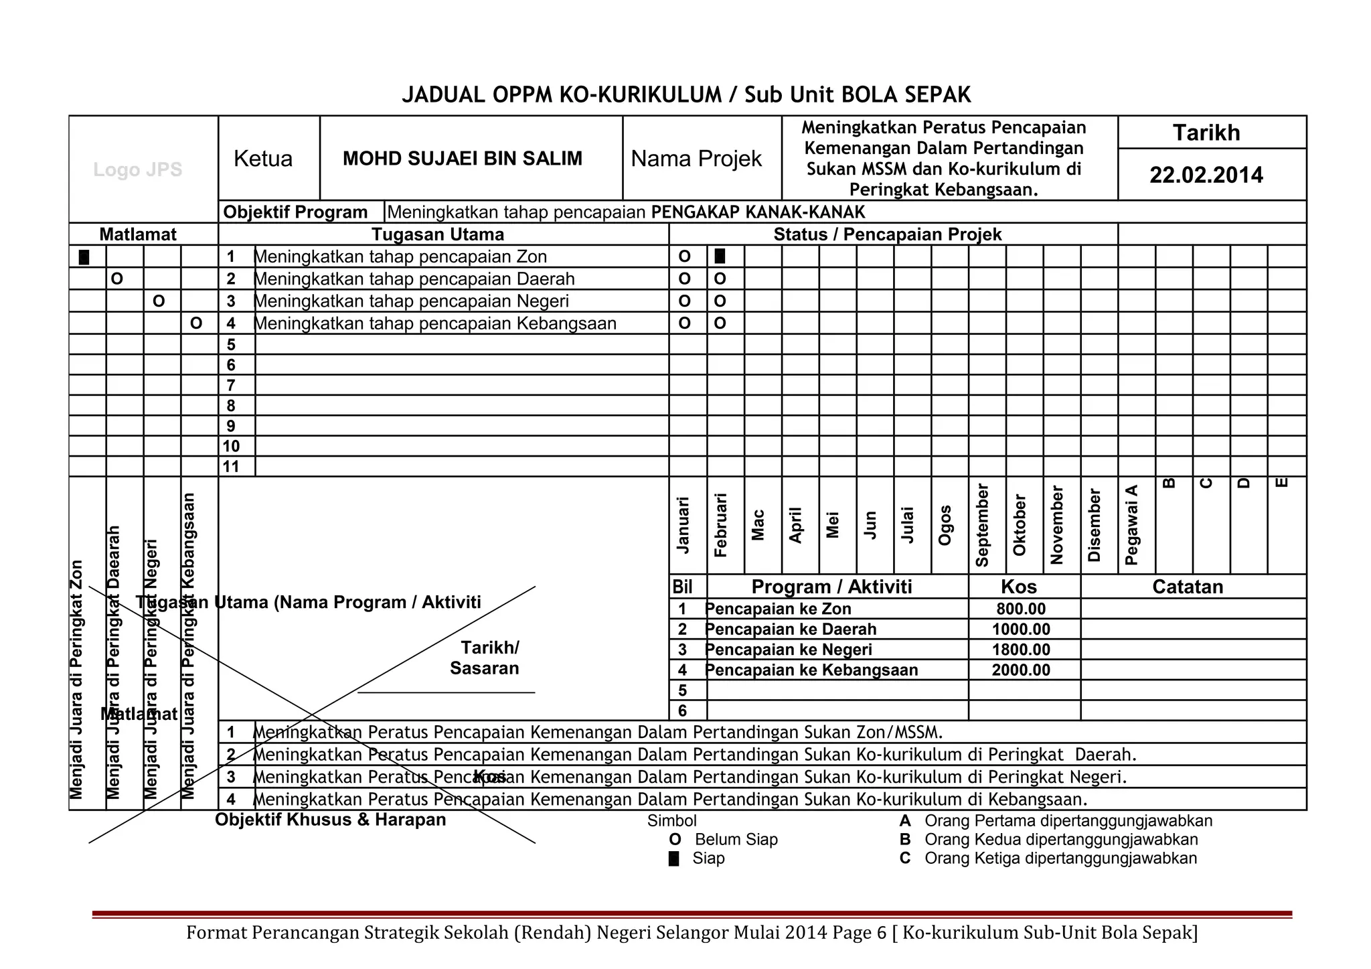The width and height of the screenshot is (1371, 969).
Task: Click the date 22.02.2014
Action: (1206, 175)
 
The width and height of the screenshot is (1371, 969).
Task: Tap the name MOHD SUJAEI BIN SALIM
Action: (463, 159)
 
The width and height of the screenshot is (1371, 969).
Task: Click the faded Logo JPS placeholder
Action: (138, 170)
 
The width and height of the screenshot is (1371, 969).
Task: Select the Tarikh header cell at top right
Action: (1206, 133)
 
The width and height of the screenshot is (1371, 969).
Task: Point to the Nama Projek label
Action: (696, 159)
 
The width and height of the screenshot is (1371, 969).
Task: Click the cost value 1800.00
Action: (1021, 650)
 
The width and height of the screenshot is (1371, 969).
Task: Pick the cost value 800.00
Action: (1021, 609)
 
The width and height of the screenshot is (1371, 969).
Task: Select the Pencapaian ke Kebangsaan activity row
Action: (811, 670)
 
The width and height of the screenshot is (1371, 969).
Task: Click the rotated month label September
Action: (982, 526)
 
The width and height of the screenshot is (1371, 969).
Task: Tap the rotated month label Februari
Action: (720, 526)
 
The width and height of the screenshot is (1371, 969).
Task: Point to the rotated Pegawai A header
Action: (1131, 526)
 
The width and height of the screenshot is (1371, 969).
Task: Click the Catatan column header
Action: (1188, 587)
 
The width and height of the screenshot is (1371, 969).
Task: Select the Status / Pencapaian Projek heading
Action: (887, 234)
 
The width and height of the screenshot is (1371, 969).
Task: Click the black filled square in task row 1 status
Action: (720, 256)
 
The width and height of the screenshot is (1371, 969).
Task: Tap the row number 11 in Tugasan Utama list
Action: (231, 467)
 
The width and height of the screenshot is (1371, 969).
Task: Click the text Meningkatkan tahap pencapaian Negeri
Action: (412, 301)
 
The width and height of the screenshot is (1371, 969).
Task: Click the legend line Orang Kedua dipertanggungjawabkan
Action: (1061, 840)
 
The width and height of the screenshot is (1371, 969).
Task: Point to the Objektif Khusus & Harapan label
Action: (330, 820)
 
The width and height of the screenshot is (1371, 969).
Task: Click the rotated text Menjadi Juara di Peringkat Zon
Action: (76, 680)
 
